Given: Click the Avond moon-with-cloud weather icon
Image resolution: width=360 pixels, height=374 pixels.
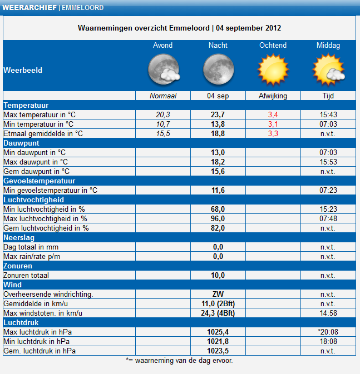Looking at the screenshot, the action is tap(164, 69).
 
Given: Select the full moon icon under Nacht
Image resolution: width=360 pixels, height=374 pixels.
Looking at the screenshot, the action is tap(218, 69).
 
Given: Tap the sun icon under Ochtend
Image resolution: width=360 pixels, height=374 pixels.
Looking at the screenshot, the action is tap(273, 69).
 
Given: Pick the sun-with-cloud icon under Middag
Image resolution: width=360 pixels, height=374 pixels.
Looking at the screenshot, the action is tap(328, 69).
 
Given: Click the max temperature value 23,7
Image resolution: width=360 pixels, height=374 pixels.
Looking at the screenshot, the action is tap(218, 114).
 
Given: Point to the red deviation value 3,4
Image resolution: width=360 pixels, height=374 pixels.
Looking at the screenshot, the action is tap(273, 114).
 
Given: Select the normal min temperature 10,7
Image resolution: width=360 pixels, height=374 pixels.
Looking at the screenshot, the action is tap(163, 124).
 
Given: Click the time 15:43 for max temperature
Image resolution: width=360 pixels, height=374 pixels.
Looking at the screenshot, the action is tap(328, 114).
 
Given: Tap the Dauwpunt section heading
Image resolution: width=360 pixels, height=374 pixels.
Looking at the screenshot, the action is tap(21, 143).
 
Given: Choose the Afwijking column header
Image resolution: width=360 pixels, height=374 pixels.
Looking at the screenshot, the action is tap(273, 96).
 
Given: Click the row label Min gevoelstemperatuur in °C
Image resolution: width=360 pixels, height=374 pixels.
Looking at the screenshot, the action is tap(51, 191).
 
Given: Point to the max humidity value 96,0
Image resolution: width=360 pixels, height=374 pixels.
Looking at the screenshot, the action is tap(218, 219).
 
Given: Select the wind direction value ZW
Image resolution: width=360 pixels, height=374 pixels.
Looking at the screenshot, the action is tap(218, 294).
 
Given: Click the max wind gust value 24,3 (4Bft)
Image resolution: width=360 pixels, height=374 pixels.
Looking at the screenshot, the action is tap(218, 313).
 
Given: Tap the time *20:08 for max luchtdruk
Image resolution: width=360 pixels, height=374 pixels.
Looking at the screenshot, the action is tap(328, 332).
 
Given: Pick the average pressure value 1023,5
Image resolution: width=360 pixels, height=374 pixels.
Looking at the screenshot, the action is tap(218, 351).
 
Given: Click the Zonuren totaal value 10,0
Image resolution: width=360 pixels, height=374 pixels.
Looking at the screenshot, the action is tap(218, 275).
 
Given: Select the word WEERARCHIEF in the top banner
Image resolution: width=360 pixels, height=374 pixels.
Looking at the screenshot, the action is tap(29, 8).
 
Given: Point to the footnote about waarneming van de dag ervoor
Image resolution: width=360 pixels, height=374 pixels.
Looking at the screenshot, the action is tap(179, 361).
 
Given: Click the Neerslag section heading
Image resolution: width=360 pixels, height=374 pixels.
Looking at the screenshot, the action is tap(19, 237).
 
